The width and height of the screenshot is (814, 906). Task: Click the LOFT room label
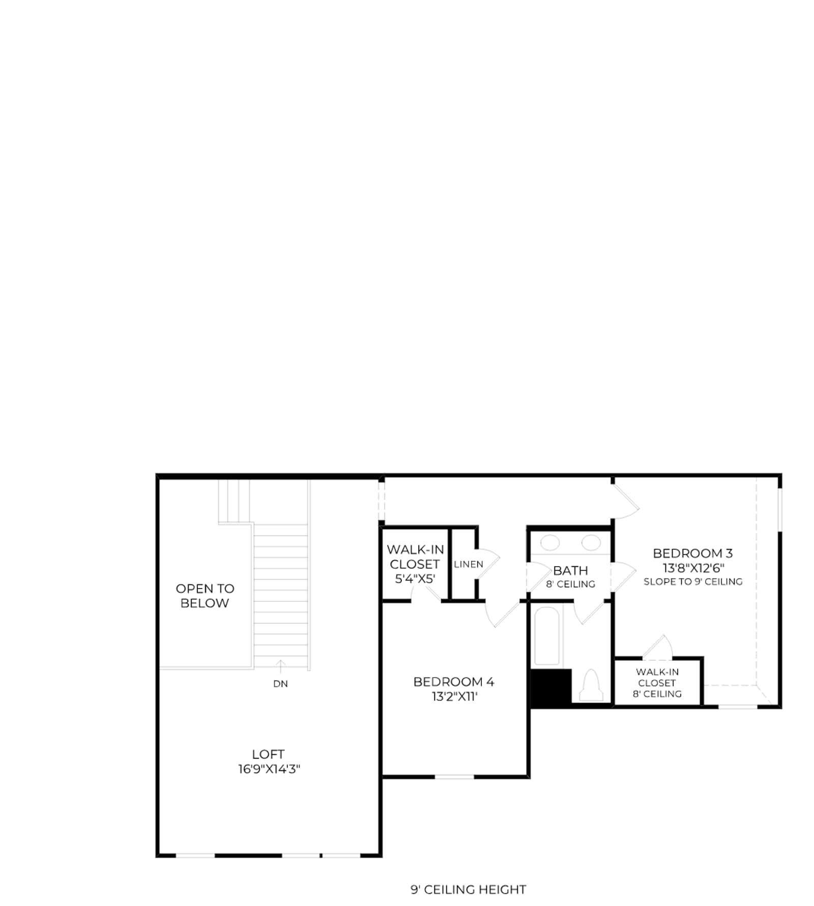coord(268,754)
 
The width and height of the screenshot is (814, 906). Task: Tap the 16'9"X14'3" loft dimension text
coord(269,769)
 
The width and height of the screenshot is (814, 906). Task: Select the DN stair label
coord(280,684)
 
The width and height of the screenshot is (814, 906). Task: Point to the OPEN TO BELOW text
coord(205,596)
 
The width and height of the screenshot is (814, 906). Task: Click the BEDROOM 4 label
coord(454,682)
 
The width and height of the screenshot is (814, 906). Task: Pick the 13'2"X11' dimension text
coord(455,696)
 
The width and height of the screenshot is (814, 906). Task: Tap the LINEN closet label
coord(469,564)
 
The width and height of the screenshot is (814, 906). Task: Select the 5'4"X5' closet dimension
coord(415,578)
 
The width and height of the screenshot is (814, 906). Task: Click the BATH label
coord(570,570)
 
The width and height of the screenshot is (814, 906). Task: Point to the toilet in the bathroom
coord(591,685)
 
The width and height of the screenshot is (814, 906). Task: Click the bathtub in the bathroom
coord(547,636)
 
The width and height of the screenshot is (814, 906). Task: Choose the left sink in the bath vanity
coord(550,543)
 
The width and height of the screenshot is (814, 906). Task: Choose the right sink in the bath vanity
coord(591,543)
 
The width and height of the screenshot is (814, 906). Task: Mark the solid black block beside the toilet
coord(551,687)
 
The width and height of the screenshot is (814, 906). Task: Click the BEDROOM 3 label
coord(693,553)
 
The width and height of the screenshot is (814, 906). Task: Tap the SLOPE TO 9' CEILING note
coord(693,581)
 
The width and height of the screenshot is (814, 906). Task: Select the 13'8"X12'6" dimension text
coord(693,568)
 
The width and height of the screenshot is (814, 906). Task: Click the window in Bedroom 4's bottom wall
coord(454,777)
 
